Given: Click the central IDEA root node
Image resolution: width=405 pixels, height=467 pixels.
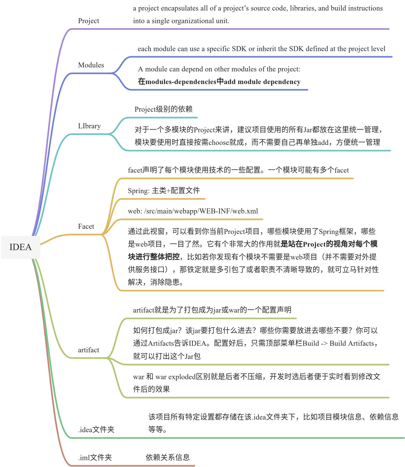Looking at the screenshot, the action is (21, 247).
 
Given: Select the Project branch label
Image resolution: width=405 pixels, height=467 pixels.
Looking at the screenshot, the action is (88, 21).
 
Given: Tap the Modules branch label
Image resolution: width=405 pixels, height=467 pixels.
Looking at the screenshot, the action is (91, 65).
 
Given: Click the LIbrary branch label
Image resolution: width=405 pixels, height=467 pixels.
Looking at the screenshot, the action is (89, 126).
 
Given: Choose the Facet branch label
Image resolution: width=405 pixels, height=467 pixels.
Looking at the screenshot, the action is (86, 226).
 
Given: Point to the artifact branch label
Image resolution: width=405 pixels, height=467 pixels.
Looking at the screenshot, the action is (88, 350).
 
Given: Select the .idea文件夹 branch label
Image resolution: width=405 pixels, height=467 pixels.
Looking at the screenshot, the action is (96, 430).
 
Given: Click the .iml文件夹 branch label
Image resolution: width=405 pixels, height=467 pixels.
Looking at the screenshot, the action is (95, 458).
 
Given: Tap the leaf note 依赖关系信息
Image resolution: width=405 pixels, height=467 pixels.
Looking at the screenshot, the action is (168, 458).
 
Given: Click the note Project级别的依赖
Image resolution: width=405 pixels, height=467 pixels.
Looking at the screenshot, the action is (164, 109).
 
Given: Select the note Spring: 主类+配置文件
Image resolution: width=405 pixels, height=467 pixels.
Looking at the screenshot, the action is (164, 191).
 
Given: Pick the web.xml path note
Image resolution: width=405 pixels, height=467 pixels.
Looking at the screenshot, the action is (193, 211).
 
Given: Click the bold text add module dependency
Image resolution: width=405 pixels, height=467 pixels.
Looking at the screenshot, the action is (262, 82).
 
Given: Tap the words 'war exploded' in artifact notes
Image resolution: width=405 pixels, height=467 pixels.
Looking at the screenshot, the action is (175, 377).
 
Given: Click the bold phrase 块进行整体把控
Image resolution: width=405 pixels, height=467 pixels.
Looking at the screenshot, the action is (154, 257).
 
